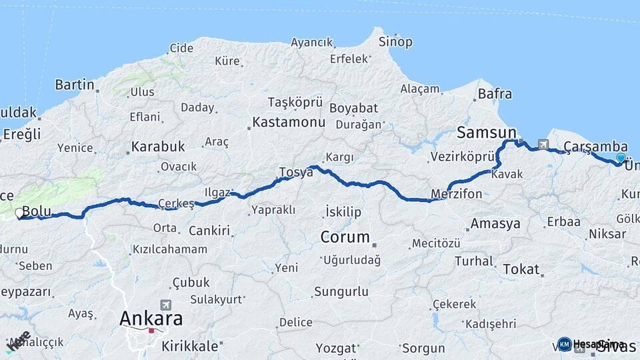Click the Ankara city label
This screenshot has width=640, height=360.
click(151, 319)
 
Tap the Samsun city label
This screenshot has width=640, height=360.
click(487, 131)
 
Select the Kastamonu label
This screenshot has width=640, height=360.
click(289, 123)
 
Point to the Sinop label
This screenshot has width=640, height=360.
click(395, 41)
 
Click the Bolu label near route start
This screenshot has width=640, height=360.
click(37, 211)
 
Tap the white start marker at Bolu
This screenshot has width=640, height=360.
click(19, 213)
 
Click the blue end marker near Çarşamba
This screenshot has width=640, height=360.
click(621, 159)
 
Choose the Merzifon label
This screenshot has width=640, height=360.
click(457, 194)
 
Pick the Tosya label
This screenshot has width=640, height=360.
click(296, 172)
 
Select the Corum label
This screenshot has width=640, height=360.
click(345, 237)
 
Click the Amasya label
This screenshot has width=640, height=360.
click(495, 223)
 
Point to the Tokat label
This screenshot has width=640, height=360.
click(521, 269)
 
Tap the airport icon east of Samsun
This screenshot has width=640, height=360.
click(543, 145)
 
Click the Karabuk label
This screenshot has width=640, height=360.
click(157, 146)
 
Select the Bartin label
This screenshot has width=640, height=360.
click(75, 85)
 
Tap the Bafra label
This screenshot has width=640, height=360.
click(495, 94)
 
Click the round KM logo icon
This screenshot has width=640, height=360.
click(564, 344)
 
